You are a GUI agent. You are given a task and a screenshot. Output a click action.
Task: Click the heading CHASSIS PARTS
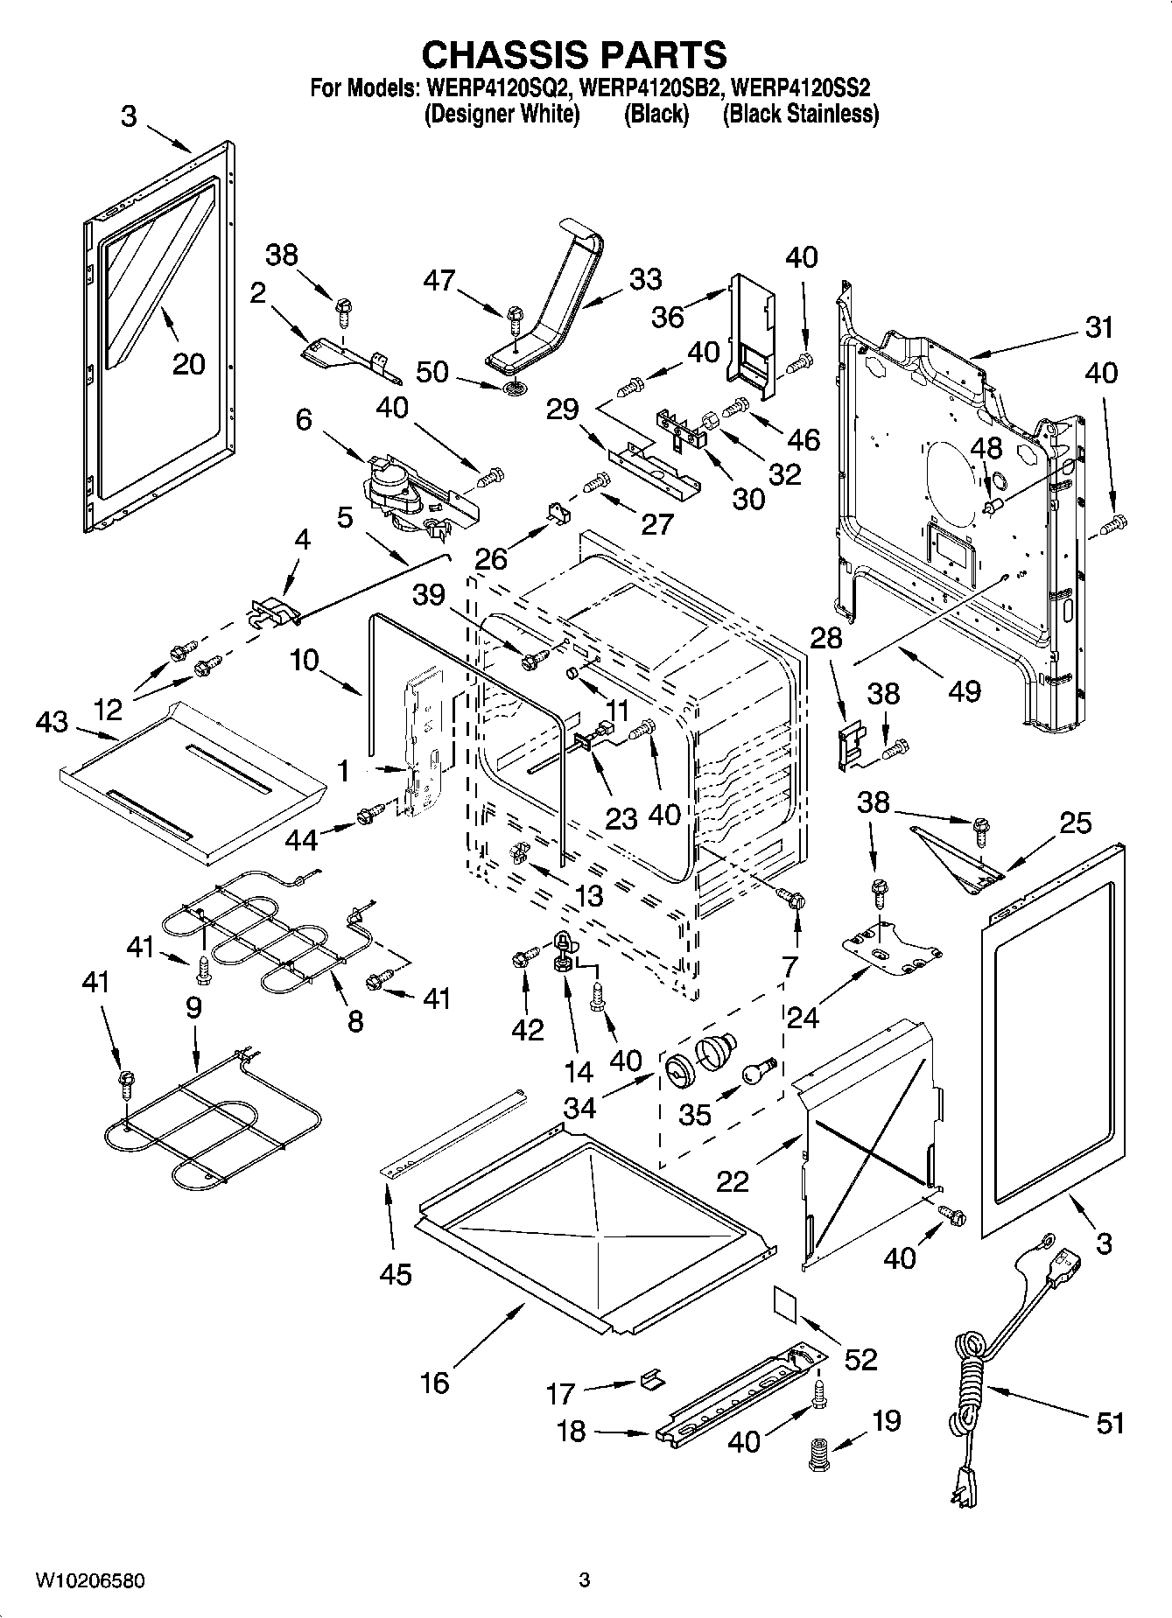(x=574, y=54)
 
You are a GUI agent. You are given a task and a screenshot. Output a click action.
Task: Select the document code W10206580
(x=90, y=1580)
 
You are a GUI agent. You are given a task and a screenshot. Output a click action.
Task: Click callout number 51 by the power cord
(x=1110, y=1424)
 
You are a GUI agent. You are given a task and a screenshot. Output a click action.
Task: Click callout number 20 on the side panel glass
(x=188, y=363)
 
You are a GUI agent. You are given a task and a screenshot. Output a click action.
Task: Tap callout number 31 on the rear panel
(x=1098, y=327)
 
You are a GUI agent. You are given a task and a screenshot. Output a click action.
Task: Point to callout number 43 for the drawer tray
(x=52, y=722)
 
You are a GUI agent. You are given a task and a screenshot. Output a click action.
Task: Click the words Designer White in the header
(x=502, y=114)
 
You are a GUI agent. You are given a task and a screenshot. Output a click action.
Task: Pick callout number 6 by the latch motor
(x=304, y=419)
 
